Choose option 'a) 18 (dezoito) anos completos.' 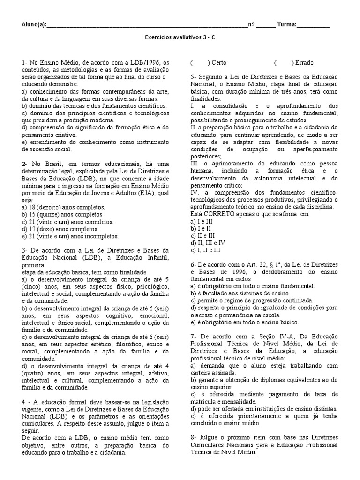(63, 207)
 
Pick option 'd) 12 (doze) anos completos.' (59, 229)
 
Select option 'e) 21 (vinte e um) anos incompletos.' (70, 236)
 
